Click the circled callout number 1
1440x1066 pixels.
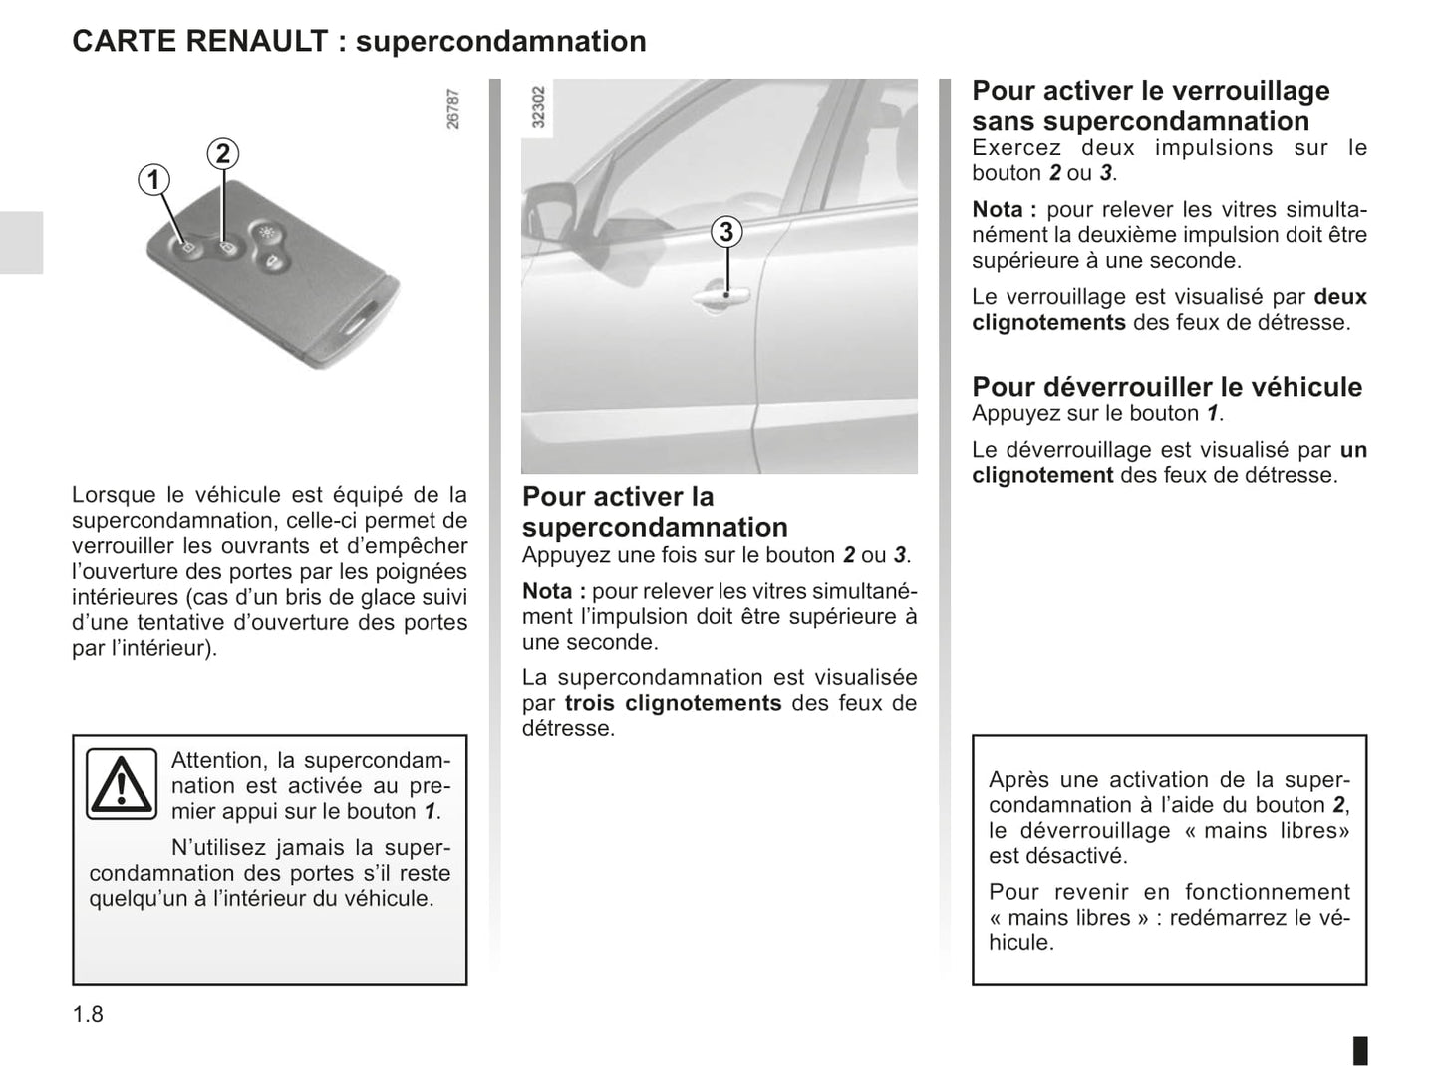(x=153, y=180)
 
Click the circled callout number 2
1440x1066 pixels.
(x=223, y=153)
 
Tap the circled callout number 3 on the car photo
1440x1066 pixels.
(x=726, y=232)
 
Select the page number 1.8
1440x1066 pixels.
(x=88, y=1014)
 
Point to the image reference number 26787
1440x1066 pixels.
(x=453, y=109)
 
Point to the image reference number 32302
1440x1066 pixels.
(x=539, y=107)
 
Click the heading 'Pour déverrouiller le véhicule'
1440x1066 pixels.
(x=1167, y=387)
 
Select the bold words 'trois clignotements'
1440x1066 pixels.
(x=673, y=703)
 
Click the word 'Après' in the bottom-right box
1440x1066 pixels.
(x=1018, y=779)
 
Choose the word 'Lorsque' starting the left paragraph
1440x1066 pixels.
(x=114, y=495)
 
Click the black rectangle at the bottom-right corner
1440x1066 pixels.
(x=1360, y=1050)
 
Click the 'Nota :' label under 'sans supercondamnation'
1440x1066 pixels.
(x=1004, y=210)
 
